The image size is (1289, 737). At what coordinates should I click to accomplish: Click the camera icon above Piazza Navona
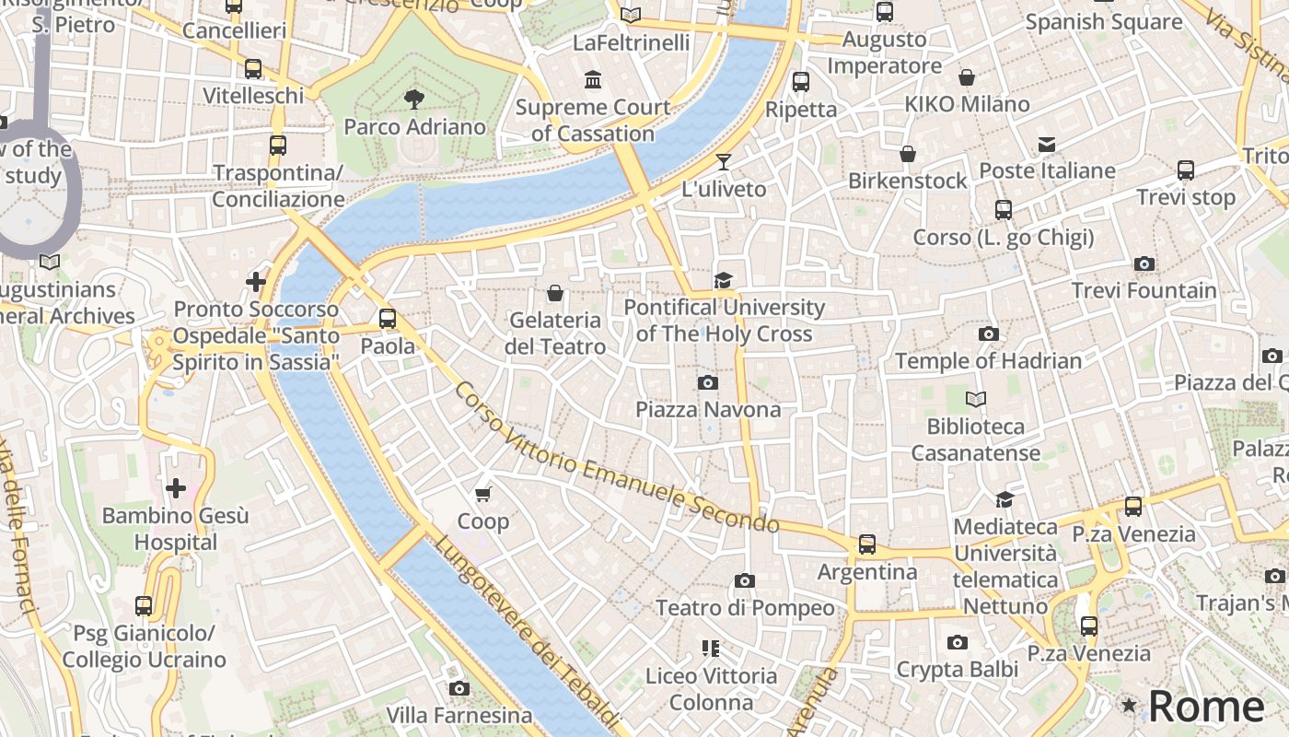707,382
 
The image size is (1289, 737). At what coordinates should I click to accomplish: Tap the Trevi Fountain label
1144,290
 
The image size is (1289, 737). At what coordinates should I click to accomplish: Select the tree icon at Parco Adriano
414,99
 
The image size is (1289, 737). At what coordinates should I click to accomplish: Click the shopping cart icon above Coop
482,495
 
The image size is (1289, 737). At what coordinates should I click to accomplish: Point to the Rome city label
1206,706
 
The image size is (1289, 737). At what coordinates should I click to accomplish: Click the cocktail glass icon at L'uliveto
724,162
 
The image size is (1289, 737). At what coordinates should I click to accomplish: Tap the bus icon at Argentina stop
867,544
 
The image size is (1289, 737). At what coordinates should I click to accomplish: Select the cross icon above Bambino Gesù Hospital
175,487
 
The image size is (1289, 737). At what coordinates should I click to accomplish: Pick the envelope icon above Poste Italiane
1047,144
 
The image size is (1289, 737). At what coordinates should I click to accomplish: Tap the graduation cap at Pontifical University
724,280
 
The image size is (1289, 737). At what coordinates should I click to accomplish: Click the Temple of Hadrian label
988,360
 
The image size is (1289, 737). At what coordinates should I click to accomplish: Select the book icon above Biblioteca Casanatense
975,399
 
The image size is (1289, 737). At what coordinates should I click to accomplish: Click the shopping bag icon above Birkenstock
907,154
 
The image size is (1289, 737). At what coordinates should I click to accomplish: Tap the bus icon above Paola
388,319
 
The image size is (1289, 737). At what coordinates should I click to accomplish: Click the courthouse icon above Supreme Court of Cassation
593,80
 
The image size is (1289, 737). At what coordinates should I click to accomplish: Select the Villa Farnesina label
459,715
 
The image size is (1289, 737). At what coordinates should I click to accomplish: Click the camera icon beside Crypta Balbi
958,642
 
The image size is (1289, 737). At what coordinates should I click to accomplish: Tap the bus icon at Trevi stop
1185,170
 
